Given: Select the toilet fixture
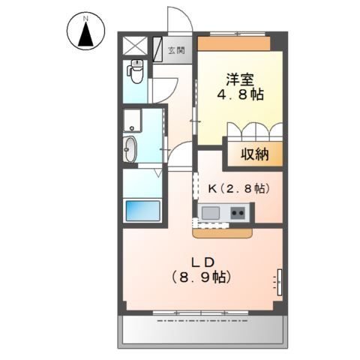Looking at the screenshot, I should (136, 71).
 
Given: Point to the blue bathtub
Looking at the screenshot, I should (142, 210).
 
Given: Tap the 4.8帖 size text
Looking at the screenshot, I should (240, 96).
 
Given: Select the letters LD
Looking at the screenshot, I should (203, 262).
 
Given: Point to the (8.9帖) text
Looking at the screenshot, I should (203, 277).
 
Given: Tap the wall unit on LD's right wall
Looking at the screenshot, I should (280, 281).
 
